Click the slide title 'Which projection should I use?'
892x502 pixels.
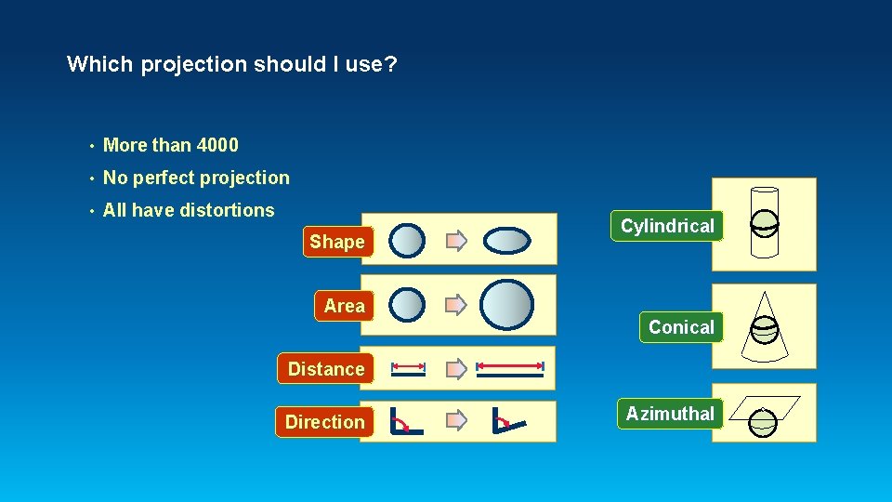point(232,65)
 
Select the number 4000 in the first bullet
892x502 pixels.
point(217,145)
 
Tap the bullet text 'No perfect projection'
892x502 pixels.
point(196,178)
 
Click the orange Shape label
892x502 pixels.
point(337,243)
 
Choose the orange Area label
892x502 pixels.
point(344,306)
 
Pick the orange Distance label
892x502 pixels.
point(325,369)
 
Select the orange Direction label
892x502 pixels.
point(324,422)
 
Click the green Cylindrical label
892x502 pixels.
point(666,226)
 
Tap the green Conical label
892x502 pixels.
point(681,327)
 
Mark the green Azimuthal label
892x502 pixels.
point(670,414)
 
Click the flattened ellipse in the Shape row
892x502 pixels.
point(507,242)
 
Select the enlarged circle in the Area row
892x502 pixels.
point(507,305)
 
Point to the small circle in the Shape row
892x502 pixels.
point(407,242)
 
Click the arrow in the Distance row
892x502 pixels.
point(455,369)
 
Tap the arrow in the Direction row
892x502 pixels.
point(455,421)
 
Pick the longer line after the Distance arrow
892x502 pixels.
point(509,370)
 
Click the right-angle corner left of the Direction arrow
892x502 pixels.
point(405,421)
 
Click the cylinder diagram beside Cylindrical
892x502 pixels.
point(764,224)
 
